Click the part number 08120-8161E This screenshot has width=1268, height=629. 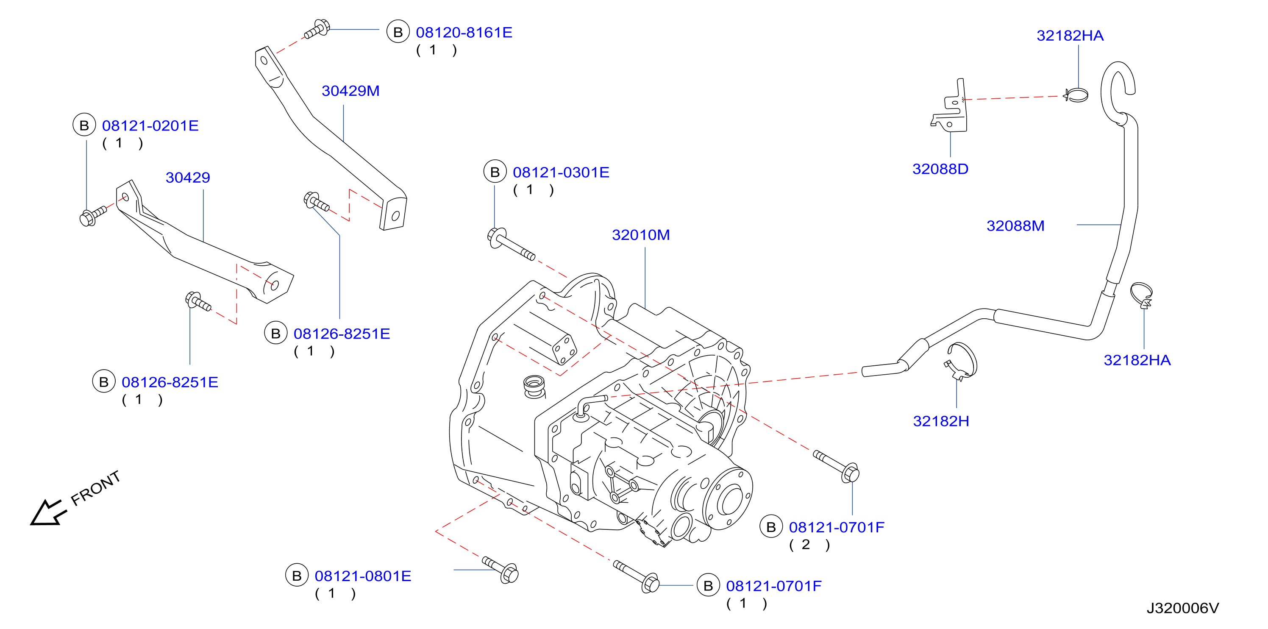464,33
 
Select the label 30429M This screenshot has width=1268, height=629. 350,91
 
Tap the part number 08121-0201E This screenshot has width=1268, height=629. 150,125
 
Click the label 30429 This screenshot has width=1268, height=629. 188,177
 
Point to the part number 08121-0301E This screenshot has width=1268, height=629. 561,172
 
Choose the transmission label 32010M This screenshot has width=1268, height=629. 640,235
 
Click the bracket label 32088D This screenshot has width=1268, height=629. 940,169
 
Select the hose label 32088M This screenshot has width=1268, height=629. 1015,225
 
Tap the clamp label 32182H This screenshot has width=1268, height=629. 941,421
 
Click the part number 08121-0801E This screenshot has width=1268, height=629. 363,576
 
